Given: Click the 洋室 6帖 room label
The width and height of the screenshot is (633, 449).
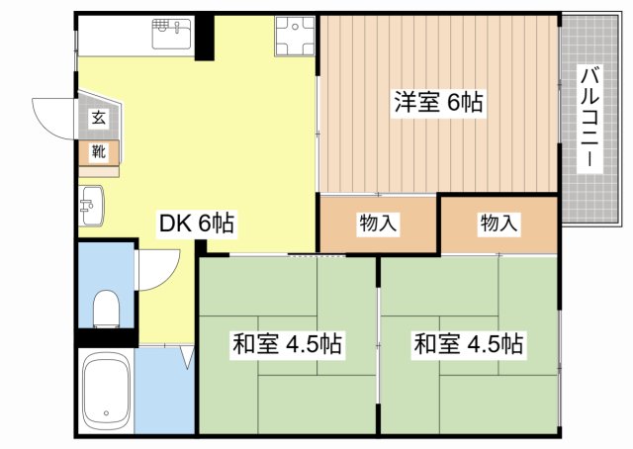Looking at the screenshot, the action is (x=438, y=102).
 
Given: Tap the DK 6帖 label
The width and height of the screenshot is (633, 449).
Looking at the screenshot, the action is (x=197, y=223).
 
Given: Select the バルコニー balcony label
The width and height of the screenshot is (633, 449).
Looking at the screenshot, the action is (x=589, y=119).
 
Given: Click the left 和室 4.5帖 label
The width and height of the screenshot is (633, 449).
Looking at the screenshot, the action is (x=287, y=344).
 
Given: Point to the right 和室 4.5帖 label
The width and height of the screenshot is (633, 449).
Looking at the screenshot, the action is (x=468, y=344).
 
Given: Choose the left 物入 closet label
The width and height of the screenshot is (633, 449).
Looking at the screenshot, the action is (x=378, y=224).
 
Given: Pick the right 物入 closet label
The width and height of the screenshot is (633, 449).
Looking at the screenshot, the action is (x=498, y=224).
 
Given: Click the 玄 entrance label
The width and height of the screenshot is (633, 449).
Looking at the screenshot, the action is (x=99, y=118).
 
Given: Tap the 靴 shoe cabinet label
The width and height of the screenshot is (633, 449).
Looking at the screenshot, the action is (x=99, y=152).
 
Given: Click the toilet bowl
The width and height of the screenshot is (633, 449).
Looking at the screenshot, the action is (x=106, y=310).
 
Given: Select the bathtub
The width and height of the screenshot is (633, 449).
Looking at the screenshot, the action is (x=107, y=390).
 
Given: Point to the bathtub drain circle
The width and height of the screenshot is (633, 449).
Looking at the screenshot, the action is (x=106, y=413).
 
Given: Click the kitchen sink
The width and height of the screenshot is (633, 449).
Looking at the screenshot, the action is (x=171, y=34).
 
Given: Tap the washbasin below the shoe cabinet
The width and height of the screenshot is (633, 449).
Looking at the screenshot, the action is (x=91, y=206).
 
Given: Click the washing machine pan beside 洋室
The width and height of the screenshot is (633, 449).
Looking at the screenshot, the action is (x=295, y=37).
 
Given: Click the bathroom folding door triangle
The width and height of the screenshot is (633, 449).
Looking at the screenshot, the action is (x=187, y=356).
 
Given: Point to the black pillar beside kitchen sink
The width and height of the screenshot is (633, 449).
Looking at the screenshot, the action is (x=205, y=38).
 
